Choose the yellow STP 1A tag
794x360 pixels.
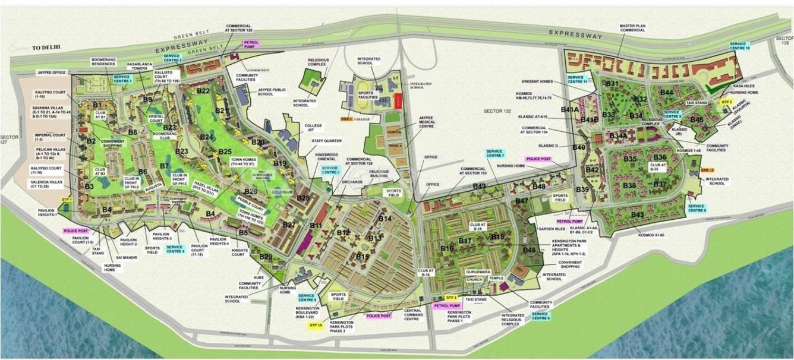(x=316, y=326)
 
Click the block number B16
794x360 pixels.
(x=448, y=248)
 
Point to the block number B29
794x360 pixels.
(x=266, y=256)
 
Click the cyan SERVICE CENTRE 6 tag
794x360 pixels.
(x=540, y=316)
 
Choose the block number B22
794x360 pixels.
(x=203, y=91)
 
